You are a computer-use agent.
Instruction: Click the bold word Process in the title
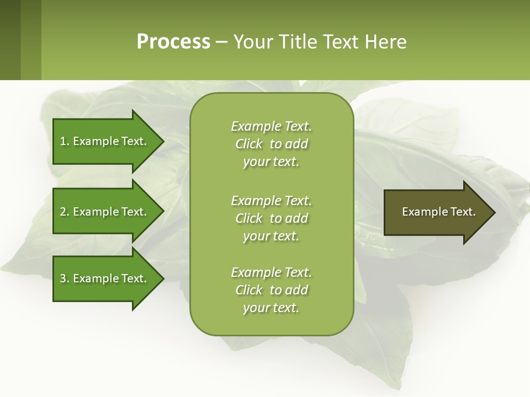[x=173, y=42]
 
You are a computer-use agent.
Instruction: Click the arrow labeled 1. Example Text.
[x=105, y=141]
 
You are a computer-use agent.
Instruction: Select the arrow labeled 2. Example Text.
[x=105, y=212]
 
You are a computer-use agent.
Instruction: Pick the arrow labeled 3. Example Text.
[x=105, y=278]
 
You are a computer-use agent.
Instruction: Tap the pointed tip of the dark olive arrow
[x=494, y=212]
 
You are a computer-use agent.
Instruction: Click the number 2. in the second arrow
[x=64, y=212]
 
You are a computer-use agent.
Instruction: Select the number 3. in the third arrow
[x=64, y=278]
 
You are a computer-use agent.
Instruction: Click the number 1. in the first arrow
[x=64, y=141]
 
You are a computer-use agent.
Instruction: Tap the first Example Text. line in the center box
[x=271, y=126]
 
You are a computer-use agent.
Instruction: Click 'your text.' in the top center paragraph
[x=271, y=162]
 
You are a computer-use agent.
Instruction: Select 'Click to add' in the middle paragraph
[x=271, y=218]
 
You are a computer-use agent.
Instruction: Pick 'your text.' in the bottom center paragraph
[x=271, y=308]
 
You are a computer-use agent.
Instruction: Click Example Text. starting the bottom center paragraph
[x=271, y=272]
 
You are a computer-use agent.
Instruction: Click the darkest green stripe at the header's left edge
[x=10, y=40]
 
